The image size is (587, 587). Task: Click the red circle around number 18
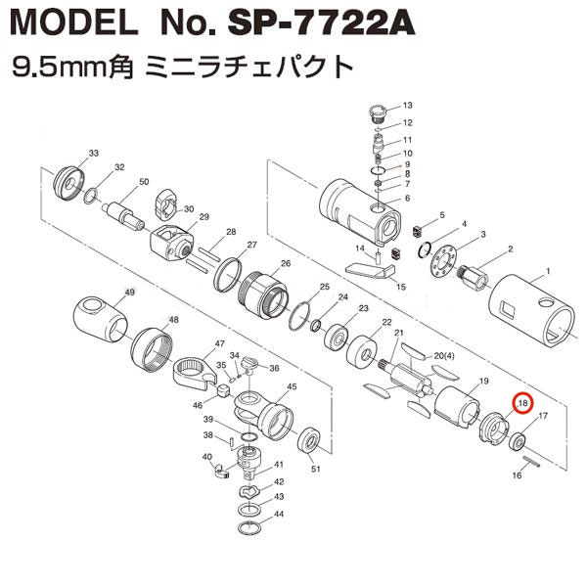pos(522,402)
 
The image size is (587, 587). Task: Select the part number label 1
pos(549,270)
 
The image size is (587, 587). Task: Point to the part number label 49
pos(129,293)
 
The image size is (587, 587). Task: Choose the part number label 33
pos(94,154)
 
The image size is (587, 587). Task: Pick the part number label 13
pos(408,105)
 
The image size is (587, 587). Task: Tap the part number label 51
pos(315,469)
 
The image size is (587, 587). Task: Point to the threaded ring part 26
pos(260,290)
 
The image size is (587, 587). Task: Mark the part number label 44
pos(280,514)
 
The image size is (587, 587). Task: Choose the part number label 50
pos(144,182)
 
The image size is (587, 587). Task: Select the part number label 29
pos(204,216)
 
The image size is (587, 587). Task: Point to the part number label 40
pos(206,457)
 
